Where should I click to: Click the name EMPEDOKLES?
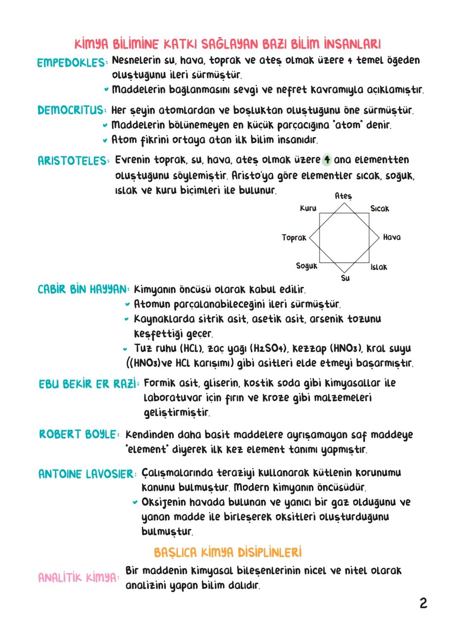71,62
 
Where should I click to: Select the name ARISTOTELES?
72,161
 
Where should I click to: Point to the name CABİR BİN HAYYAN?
82,290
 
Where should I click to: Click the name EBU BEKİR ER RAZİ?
88,384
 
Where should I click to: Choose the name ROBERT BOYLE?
78,434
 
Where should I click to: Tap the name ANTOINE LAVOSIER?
86,474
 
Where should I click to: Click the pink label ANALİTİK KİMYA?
78,577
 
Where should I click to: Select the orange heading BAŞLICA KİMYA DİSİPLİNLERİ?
228,552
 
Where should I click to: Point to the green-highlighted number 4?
327,160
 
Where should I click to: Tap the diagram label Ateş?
343,196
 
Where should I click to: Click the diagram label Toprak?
294,238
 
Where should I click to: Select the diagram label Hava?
392,237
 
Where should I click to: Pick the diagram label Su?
345,278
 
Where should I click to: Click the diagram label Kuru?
308,208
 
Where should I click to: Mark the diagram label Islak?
379,267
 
